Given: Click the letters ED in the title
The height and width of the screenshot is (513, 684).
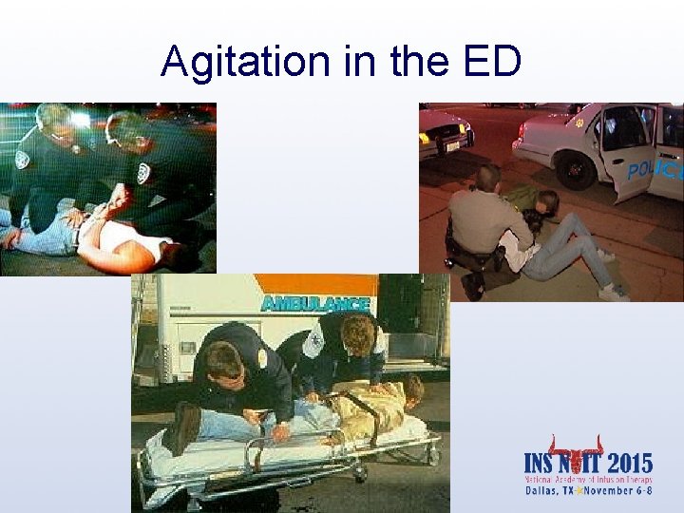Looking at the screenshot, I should pyautogui.click(x=492, y=62).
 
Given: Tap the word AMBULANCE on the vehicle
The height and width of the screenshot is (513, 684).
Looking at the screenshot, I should pyautogui.click(x=315, y=304).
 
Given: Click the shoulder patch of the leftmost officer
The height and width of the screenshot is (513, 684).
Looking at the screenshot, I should pyautogui.click(x=22, y=159).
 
